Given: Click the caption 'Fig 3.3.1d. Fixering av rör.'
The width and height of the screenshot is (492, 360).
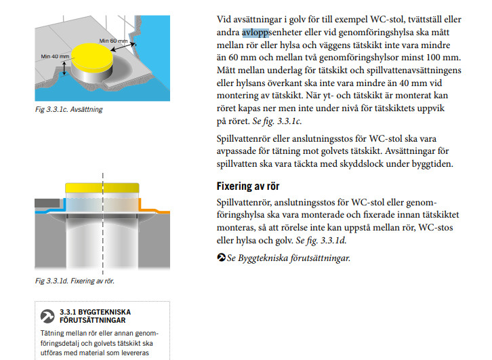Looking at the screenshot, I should pos(75,279).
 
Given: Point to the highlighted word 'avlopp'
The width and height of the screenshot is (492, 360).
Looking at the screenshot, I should pos(255,33).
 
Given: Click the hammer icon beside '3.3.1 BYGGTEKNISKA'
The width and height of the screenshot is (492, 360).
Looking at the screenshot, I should pos(47,316).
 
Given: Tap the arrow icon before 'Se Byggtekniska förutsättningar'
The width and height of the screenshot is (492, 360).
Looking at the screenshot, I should pos(221,258).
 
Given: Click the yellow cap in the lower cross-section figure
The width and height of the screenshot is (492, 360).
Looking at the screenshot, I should pos(103,188).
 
